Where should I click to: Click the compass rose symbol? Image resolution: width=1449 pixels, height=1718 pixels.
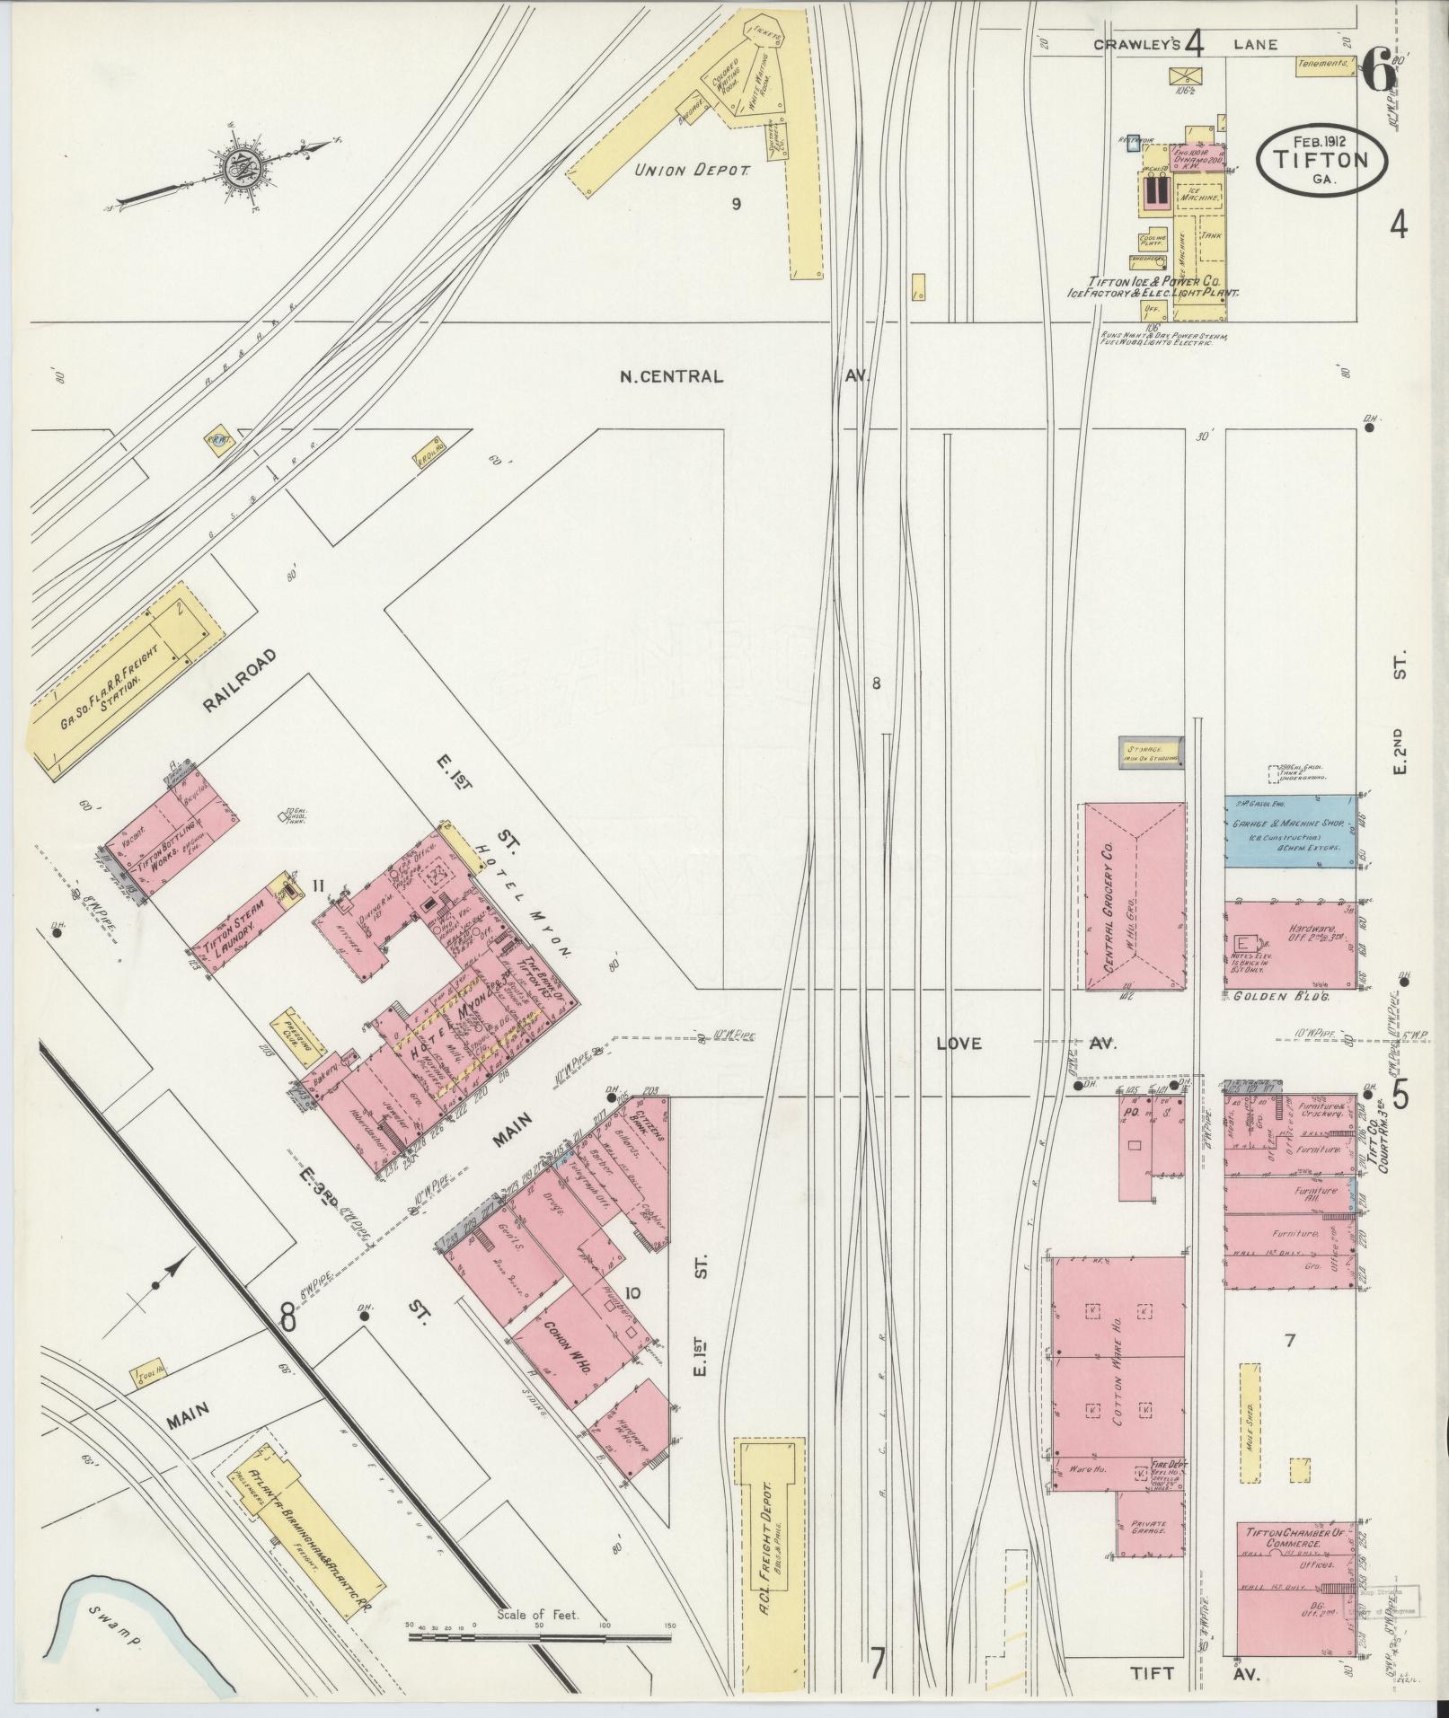click(240, 167)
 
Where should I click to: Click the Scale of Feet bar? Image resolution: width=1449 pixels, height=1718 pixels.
click(539, 1637)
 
